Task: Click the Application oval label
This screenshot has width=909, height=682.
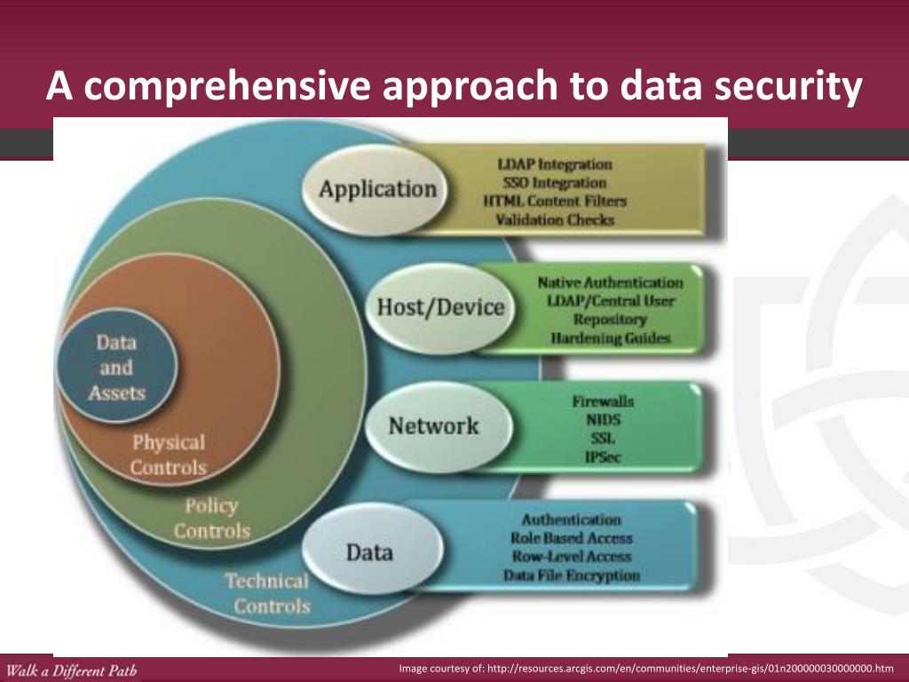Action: pos(378,189)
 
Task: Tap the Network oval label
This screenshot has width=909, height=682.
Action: pos(433,426)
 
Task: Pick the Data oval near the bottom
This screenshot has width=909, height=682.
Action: pos(369,552)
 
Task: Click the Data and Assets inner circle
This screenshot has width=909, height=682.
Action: pos(116,367)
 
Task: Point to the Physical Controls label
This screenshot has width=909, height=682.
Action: pos(168,455)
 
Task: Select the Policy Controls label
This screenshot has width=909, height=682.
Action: pos(211,519)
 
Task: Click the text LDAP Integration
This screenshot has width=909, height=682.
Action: pos(555,164)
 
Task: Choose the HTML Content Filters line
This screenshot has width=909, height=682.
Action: pos(555,202)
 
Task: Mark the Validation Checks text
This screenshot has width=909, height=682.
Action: pos(555,220)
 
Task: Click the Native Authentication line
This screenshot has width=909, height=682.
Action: pos(610,282)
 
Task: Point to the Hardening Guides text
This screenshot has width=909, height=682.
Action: pos(610,338)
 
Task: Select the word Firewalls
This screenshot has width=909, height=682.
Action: pos(603,401)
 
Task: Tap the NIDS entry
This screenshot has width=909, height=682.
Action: pos(603,420)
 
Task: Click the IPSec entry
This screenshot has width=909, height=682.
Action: pos(603,457)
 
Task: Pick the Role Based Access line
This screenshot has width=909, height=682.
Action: pos(571,538)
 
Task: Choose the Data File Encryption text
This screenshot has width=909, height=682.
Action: pos(571,575)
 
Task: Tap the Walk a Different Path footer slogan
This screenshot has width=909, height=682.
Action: pos(71,670)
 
